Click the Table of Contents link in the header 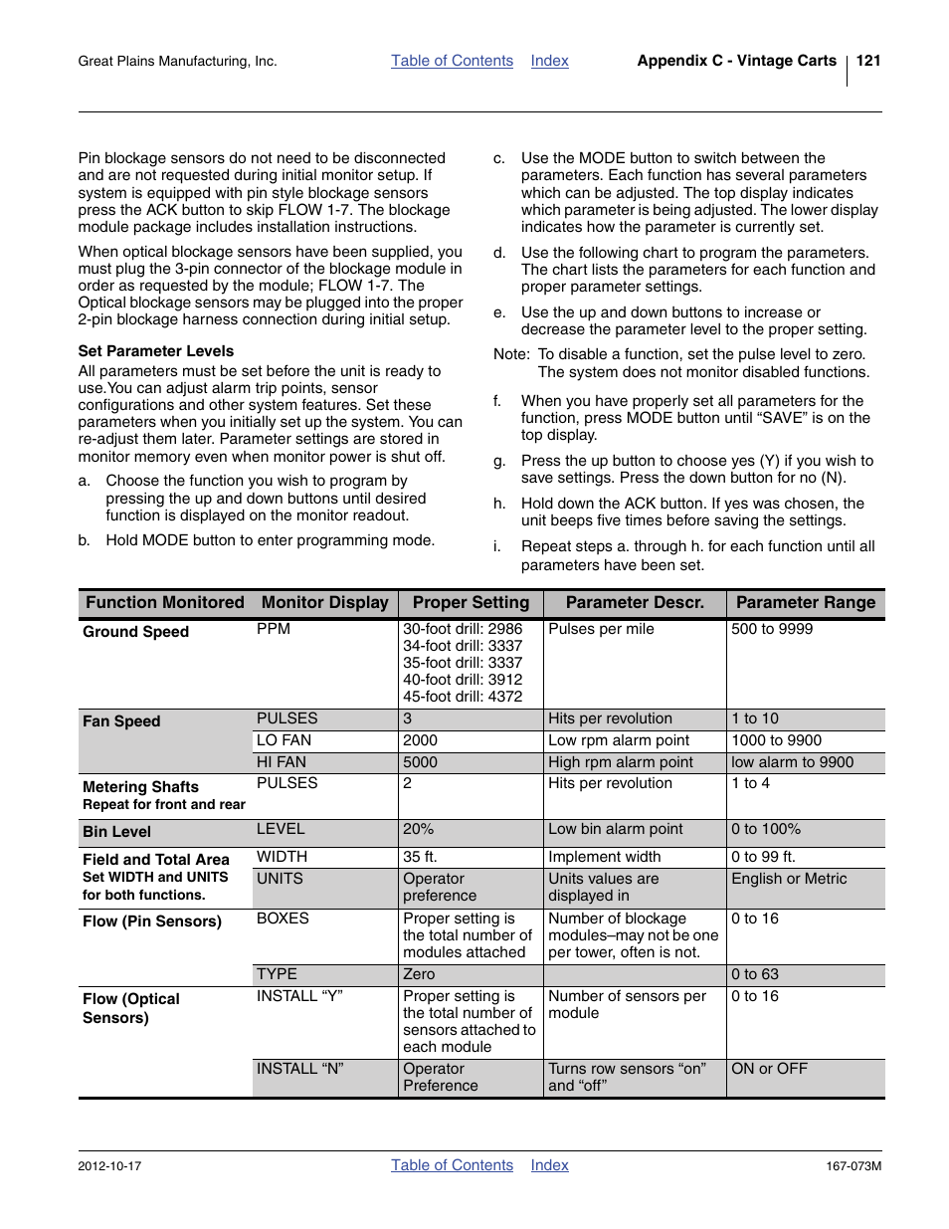click(x=452, y=61)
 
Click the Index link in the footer click(x=549, y=1165)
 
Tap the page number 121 click(x=867, y=61)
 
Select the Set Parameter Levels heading click(x=156, y=351)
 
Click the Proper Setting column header click(x=471, y=603)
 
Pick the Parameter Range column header click(x=805, y=603)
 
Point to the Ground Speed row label click(x=135, y=632)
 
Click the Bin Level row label click(x=116, y=832)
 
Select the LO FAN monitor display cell click(x=284, y=740)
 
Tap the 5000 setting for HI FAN click(x=420, y=762)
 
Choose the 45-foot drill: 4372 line click(x=463, y=697)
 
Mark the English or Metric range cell click(x=789, y=879)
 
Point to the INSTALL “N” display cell click(x=299, y=1069)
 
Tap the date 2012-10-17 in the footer click(x=109, y=1166)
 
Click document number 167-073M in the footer click(x=853, y=1166)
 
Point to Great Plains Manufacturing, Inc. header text click(x=177, y=62)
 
